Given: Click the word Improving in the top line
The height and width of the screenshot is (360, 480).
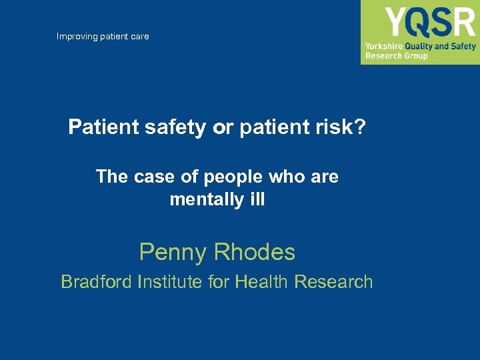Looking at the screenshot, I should [77, 36].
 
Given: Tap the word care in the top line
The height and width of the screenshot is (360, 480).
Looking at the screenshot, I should [139, 36].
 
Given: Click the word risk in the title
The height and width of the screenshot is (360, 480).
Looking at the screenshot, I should [339, 127].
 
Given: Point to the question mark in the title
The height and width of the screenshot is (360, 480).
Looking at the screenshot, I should [361, 127].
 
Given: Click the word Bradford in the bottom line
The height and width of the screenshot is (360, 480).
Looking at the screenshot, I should [96, 282].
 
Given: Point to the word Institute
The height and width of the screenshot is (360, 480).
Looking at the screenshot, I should [171, 282].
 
